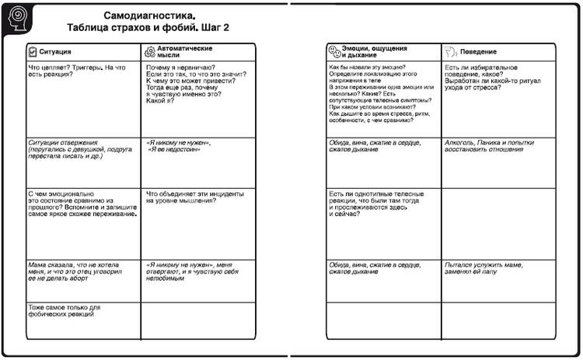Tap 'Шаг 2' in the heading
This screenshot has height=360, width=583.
coord(214,28)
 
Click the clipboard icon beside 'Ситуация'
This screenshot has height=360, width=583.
coord(32,52)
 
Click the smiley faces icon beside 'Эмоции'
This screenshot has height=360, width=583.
coord(334,52)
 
